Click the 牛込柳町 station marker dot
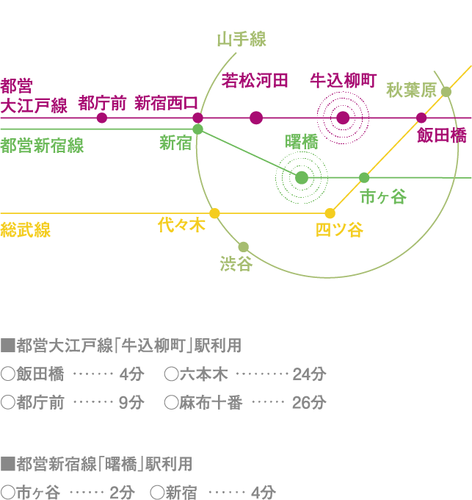(343, 118)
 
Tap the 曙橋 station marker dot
(302, 177)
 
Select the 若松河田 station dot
(256, 118)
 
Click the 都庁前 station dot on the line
(102, 118)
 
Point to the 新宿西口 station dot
(197, 118)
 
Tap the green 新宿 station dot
(198, 129)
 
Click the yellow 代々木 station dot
(214, 213)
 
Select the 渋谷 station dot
(244, 247)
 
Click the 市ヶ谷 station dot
(364, 177)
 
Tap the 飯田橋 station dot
(421, 118)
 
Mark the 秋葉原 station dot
(446, 92)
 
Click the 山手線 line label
(242, 40)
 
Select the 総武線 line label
(26, 231)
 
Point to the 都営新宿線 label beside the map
(42, 146)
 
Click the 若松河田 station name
(255, 80)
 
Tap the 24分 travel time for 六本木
(308, 374)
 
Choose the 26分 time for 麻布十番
(308, 403)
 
